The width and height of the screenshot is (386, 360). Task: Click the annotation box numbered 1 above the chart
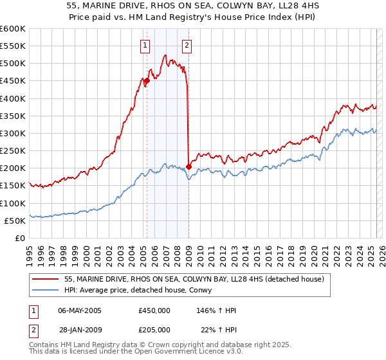click(145, 45)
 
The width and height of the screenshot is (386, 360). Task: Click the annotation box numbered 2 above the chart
click(187, 45)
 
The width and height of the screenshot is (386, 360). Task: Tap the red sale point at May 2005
click(147, 81)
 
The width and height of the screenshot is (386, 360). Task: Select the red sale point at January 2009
click(189, 166)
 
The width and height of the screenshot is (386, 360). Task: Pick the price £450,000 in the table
click(154, 310)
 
